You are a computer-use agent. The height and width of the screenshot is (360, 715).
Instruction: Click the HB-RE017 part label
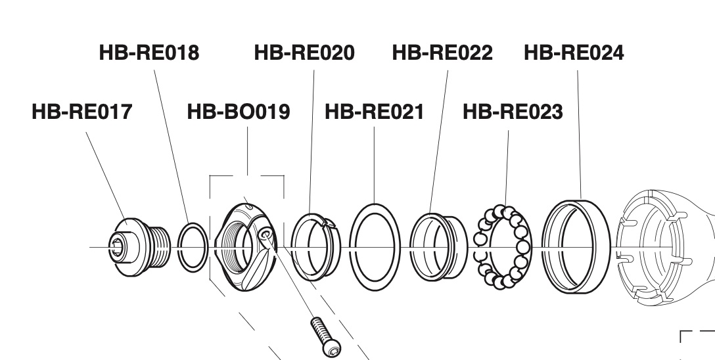point(81,112)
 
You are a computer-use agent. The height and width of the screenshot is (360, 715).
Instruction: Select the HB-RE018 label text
point(149,53)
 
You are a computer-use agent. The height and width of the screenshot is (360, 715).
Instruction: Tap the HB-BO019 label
point(239,112)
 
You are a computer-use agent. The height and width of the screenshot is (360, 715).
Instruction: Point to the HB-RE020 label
point(304,53)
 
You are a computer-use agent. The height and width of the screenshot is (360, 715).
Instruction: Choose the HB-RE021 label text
point(374,112)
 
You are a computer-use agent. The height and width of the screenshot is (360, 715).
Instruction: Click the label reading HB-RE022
point(442,53)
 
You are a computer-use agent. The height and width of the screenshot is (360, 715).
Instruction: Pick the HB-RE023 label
point(513,112)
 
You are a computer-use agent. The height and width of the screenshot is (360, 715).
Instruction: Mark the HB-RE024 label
point(574,53)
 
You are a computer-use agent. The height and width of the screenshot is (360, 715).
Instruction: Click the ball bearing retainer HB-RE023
point(503,247)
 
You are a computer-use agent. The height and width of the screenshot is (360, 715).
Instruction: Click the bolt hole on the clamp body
point(264,235)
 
